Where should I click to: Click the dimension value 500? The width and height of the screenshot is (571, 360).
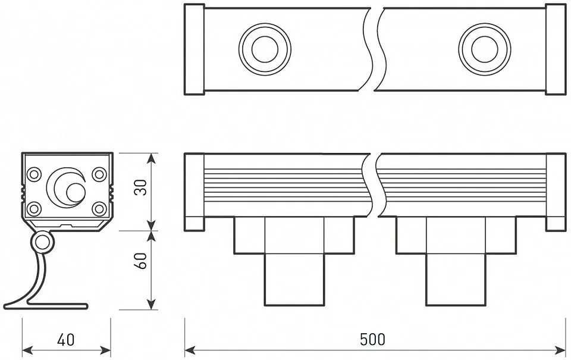[373, 339]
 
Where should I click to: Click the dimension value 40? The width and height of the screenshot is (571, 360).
[66, 340]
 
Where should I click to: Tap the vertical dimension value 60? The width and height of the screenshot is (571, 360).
[140, 261]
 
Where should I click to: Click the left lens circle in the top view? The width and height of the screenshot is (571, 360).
[265, 48]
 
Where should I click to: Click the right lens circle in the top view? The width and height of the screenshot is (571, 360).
[484, 48]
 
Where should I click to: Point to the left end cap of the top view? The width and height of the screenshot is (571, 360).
[194, 49]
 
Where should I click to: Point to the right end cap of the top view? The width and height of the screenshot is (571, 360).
[555, 49]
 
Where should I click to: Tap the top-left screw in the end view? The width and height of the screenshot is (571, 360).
[34, 174]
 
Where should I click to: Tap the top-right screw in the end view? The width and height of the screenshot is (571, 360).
[99, 174]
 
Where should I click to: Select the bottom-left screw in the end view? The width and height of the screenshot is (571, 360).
[34, 208]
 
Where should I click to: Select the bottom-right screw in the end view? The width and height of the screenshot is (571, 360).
[99, 208]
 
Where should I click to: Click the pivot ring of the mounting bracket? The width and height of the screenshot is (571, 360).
[42, 242]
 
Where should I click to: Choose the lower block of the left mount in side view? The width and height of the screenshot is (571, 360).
[294, 279]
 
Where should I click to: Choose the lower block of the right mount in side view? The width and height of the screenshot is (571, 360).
[456, 279]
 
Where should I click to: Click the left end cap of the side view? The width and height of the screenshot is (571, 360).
[194, 192]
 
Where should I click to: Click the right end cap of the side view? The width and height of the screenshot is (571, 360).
[555, 192]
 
